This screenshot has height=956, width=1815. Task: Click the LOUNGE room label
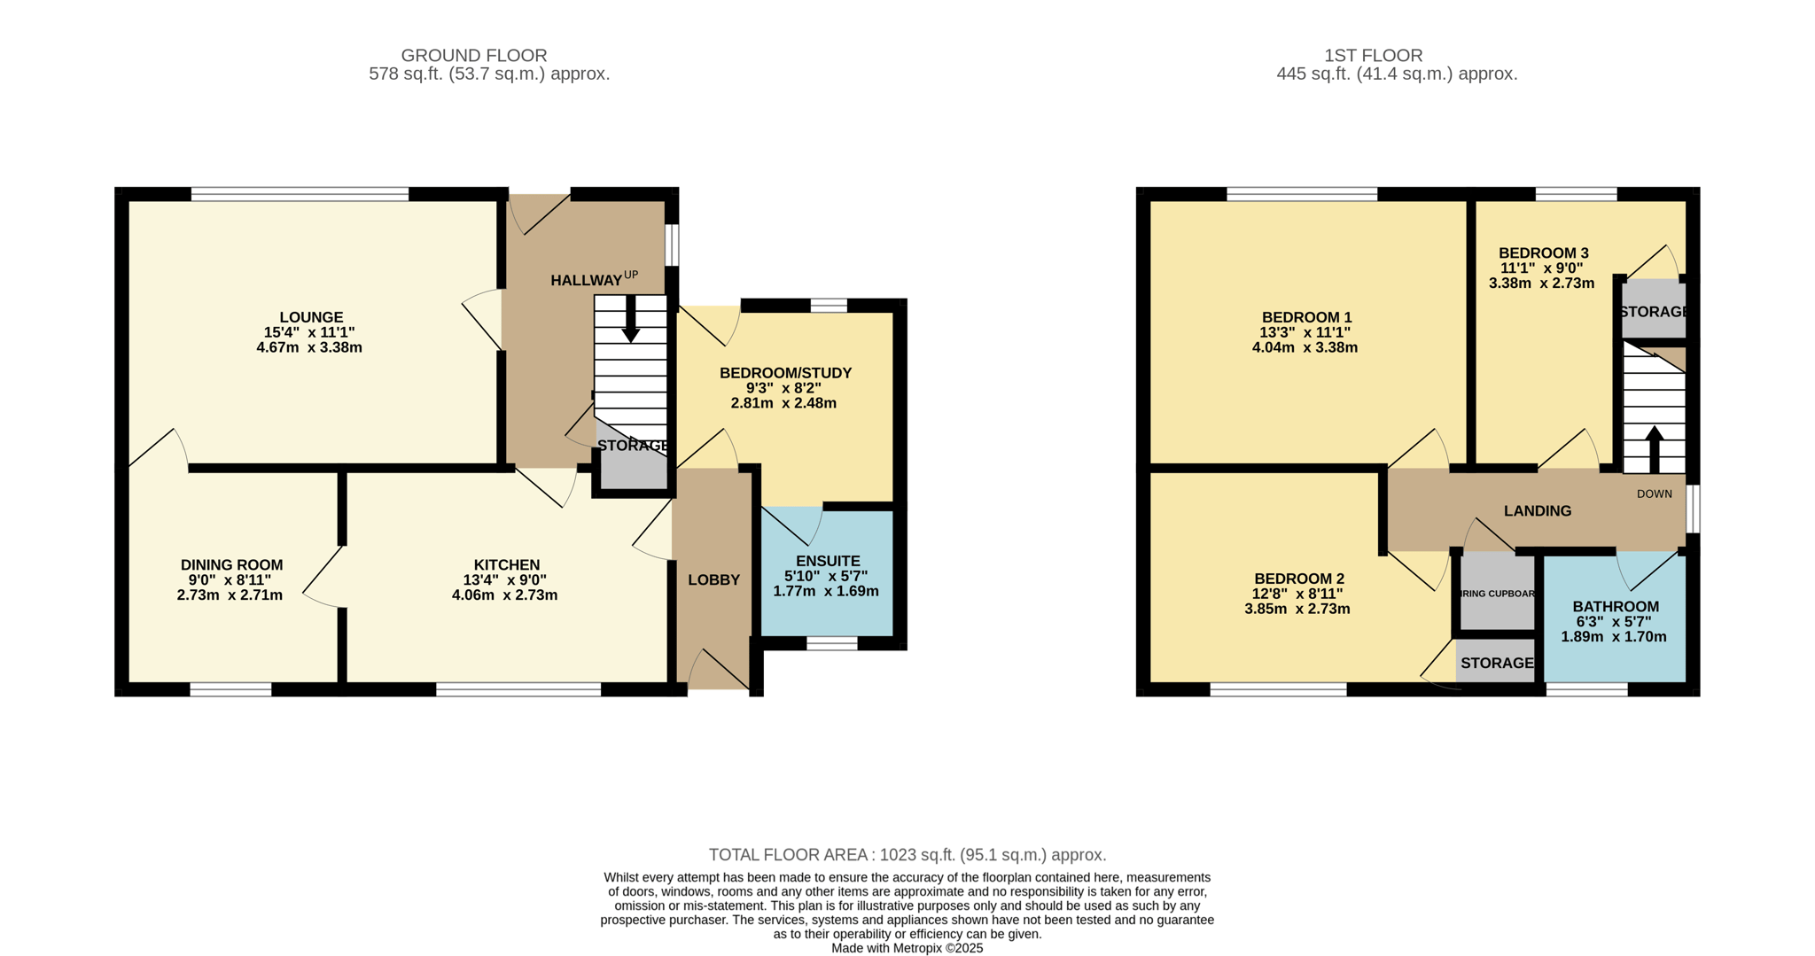click(x=311, y=317)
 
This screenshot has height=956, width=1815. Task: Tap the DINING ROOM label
click(x=231, y=565)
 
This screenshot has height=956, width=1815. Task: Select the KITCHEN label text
click(x=506, y=565)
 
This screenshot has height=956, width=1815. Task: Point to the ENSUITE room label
click(x=828, y=561)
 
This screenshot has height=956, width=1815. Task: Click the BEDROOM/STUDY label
click(x=785, y=373)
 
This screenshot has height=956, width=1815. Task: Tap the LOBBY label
click(x=713, y=580)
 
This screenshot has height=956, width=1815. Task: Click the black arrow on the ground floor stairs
click(x=630, y=319)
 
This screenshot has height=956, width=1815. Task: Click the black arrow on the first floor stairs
click(x=1654, y=449)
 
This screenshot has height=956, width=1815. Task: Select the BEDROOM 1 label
click(x=1306, y=317)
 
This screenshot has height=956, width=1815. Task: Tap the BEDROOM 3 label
click(x=1543, y=253)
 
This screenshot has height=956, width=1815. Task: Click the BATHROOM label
click(x=1616, y=607)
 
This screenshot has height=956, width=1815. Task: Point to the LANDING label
click(x=1538, y=511)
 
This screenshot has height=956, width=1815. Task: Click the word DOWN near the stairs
click(x=1654, y=494)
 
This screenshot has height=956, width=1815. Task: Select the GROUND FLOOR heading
click(x=474, y=56)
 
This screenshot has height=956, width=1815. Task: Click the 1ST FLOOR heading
click(x=1373, y=56)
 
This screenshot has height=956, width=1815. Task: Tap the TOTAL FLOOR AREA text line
click(x=907, y=855)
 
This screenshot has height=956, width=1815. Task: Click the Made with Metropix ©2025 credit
click(x=907, y=948)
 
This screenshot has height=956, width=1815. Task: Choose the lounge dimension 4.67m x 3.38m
click(x=309, y=347)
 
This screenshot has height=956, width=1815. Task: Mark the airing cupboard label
click(x=1497, y=594)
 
